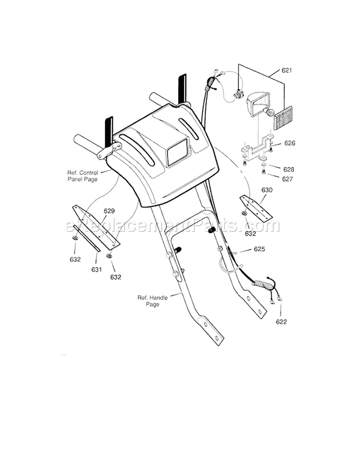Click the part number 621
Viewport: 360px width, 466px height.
pos(287,71)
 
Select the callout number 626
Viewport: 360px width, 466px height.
pos(289,143)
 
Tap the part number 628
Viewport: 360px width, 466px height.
pos(288,170)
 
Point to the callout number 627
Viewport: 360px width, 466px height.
pos(288,179)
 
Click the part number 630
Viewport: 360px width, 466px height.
pos(267,190)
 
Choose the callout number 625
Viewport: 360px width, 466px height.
pos(260,249)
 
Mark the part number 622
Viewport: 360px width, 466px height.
pos(281,321)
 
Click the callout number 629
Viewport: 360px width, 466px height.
pos(109,211)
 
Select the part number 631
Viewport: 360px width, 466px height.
pos(96,270)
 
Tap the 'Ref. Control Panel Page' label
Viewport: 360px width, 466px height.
pos(82,175)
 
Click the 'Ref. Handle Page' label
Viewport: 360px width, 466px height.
pos(152,301)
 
